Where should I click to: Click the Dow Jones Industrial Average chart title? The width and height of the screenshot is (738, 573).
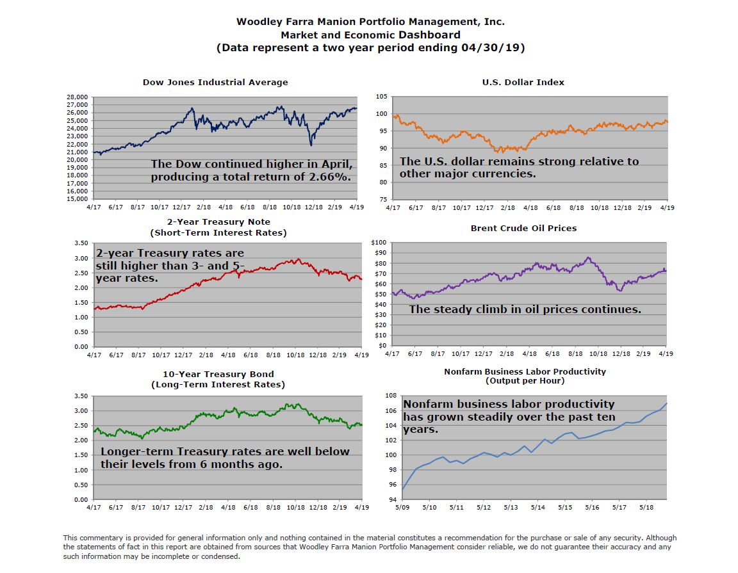coord(215,82)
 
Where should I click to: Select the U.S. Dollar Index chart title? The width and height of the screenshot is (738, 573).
coord(523,82)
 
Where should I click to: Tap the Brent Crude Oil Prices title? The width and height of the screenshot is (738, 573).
coord(523,228)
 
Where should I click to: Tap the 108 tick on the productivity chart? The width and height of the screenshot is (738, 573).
coord(390,396)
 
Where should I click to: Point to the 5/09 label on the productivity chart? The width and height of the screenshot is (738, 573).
coord(402,507)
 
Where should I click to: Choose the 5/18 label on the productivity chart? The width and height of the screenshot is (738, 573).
coord(646,507)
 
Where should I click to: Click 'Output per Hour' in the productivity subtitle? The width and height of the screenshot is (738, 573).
coord(525,380)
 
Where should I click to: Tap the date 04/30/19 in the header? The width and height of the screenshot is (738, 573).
coord(492,48)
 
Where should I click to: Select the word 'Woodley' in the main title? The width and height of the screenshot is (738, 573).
coord(259,21)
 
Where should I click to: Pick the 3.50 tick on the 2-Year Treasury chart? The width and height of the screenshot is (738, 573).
coord(81,243)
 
